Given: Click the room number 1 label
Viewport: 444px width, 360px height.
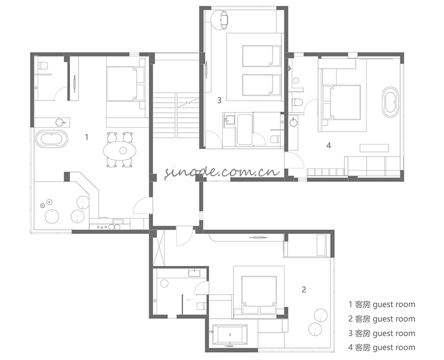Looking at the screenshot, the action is point(87,137).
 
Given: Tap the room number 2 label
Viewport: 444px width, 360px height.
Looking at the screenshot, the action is point(304,289).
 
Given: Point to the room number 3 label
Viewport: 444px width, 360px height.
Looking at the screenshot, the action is point(219,100).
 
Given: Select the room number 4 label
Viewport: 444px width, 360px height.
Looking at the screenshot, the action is point(328,145).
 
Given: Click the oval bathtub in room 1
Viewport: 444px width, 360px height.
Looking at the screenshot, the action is point(52,139).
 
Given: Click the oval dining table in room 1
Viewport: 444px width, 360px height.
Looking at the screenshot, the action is point(120,150).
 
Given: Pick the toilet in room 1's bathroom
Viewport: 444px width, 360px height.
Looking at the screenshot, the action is point(43,66).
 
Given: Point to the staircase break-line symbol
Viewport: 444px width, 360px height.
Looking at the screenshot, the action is point(187,103).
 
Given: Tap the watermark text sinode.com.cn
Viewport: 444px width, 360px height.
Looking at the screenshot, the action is point(223,171).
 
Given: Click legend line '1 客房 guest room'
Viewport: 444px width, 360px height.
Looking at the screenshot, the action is point(382,305).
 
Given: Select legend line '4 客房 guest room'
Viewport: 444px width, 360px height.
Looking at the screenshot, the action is point(382,347).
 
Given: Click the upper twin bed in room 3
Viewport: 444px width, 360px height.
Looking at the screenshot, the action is point(261,56).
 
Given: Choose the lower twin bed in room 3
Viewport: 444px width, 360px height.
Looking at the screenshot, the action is point(261,85).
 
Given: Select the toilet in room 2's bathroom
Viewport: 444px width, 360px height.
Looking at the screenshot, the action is point(201,306).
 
